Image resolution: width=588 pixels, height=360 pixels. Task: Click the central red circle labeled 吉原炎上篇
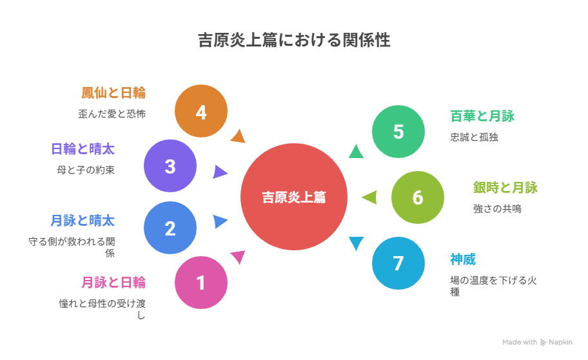[x=293, y=197]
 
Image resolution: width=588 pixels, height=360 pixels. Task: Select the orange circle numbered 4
[x=201, y=112]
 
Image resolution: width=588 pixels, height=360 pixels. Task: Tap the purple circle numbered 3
[x=170, y=166]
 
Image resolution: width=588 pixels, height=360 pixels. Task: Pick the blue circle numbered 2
[x=170, y=228]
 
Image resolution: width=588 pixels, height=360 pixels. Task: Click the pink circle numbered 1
[x=201, y=283]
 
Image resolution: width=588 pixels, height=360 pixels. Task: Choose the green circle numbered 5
[x=398, y=132]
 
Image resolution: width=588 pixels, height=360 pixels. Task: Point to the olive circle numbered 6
[x=418, y=197]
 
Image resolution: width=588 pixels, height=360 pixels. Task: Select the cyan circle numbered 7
[x=398, y=263]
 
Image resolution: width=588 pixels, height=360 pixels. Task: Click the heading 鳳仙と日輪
[x=113, y=93]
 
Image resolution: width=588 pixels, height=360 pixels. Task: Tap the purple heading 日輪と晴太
[x=83, y=150]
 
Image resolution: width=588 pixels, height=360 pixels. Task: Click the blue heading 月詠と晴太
[x=83, y=221]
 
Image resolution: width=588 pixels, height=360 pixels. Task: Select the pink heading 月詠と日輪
[x=113, y=282]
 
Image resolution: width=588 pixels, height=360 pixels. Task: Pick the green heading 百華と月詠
[x=482, y=116]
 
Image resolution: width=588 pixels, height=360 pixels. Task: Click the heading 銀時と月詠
[x=505, y=188]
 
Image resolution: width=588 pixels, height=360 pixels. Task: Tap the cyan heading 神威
[x=462, y=259]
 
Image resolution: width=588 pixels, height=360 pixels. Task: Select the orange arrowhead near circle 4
[x=238, y=136]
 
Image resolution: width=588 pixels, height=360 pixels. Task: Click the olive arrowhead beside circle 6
[x=369, y=197]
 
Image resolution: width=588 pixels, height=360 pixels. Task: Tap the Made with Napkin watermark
[x=537, y=342]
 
